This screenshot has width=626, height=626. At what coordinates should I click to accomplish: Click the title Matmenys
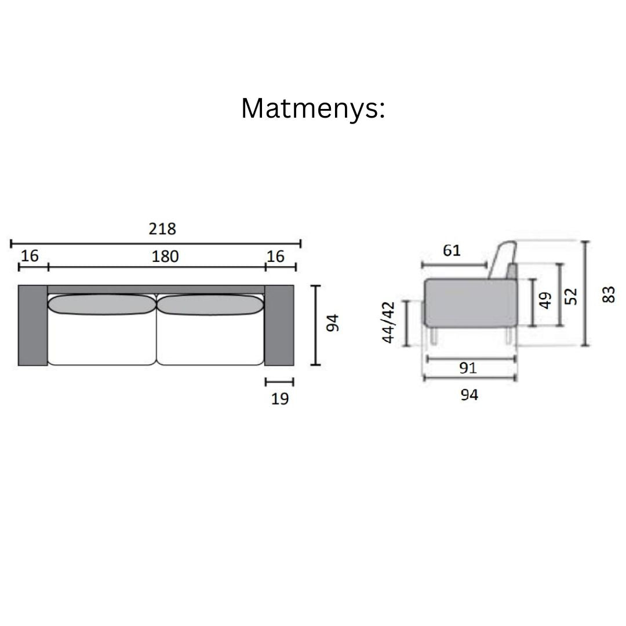click(x=313, y=108)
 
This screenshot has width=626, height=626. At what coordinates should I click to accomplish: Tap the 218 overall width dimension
click(x=162, y=229)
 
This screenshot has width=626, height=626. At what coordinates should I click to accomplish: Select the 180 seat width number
click(x=165, y=256)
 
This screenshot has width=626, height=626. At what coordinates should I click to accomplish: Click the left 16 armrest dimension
click(x=30, y=256)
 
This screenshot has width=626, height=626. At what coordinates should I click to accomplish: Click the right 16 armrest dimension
click(x=275, y=256)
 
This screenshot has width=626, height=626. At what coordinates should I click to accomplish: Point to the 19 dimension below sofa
click(x=279, y=398)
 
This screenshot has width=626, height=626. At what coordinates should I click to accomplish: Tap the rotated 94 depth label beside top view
click(x=332, y=323)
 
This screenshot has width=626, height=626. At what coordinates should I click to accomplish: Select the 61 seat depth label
click(x=452, y=250)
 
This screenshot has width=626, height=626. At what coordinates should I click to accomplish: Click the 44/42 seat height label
click(x=388, y=323)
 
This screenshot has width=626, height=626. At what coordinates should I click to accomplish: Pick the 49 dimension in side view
click(x=545, y=300)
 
